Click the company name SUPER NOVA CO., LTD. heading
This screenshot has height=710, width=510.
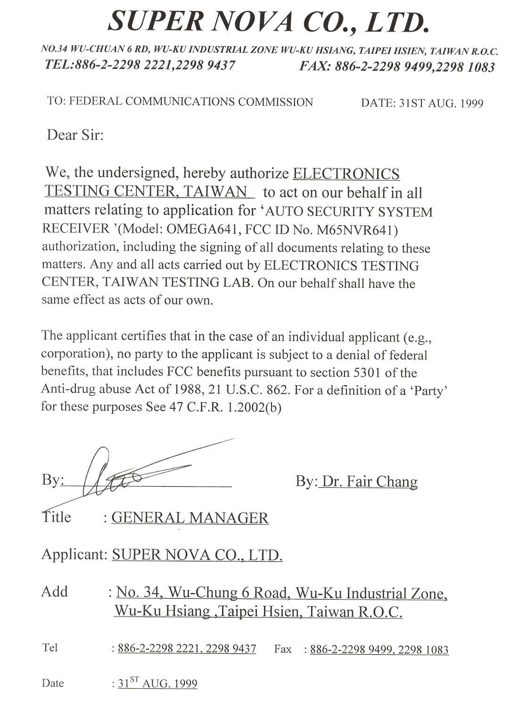269,22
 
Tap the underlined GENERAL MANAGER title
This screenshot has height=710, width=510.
190,518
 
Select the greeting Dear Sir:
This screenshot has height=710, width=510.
75,135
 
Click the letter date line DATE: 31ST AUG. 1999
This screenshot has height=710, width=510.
422,103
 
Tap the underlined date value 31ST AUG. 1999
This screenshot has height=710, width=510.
157,683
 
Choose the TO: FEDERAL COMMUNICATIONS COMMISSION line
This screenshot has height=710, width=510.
180,101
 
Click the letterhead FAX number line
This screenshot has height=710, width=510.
397,67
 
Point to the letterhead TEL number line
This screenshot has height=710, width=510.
140,65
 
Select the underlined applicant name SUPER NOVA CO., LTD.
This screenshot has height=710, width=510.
197,555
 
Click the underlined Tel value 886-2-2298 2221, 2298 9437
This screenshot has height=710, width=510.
187,649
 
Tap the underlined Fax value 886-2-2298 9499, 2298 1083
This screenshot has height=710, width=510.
379,650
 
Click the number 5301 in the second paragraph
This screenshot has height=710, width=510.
367,372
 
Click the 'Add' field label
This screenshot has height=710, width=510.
55,592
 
